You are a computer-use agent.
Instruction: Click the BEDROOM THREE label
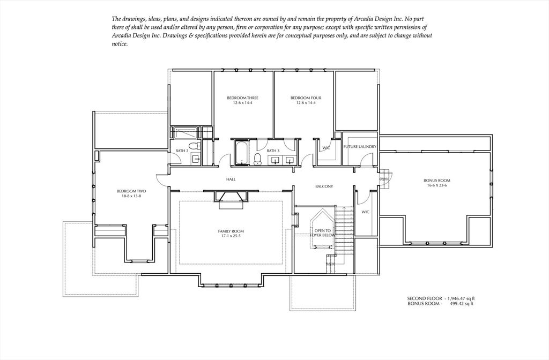242,98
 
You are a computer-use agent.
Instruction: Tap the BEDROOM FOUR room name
306,98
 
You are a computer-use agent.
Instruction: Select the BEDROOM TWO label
131,191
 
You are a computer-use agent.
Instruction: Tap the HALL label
231,179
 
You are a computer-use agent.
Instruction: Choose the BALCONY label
324,186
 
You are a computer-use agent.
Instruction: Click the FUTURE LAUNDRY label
360,147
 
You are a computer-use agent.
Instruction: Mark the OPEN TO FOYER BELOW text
321,233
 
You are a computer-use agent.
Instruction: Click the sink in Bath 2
196,159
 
